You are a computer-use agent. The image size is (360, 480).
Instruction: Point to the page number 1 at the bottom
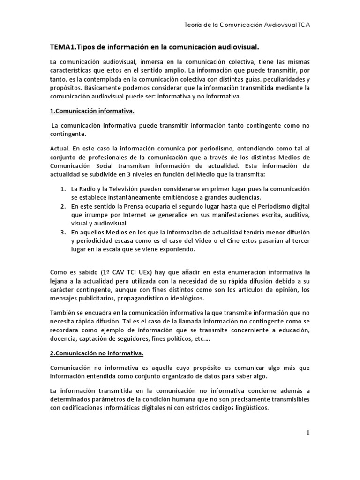click(308, 433)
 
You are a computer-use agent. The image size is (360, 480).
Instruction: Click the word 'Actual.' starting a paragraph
click(60, 148)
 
